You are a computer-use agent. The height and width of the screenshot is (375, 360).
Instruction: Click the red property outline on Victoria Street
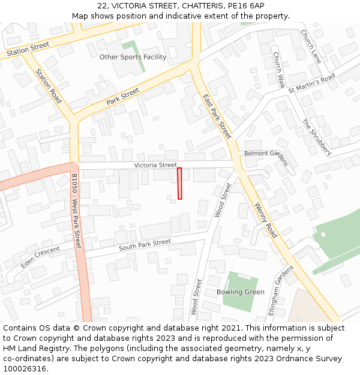(179, 184)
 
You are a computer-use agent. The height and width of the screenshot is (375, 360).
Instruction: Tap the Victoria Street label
(155, 165)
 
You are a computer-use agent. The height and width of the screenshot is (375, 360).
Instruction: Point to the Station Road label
(49, 86)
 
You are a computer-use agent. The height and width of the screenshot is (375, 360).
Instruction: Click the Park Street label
(123, 97)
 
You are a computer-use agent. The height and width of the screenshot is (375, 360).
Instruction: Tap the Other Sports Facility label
(133, 57)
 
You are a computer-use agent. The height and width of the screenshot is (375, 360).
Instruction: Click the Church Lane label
(311, 47)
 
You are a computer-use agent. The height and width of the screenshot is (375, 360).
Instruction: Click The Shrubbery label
(316, 137)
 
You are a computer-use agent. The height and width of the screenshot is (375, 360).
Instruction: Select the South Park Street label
(145, 245)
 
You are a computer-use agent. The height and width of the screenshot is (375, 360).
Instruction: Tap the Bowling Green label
(240, 292)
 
